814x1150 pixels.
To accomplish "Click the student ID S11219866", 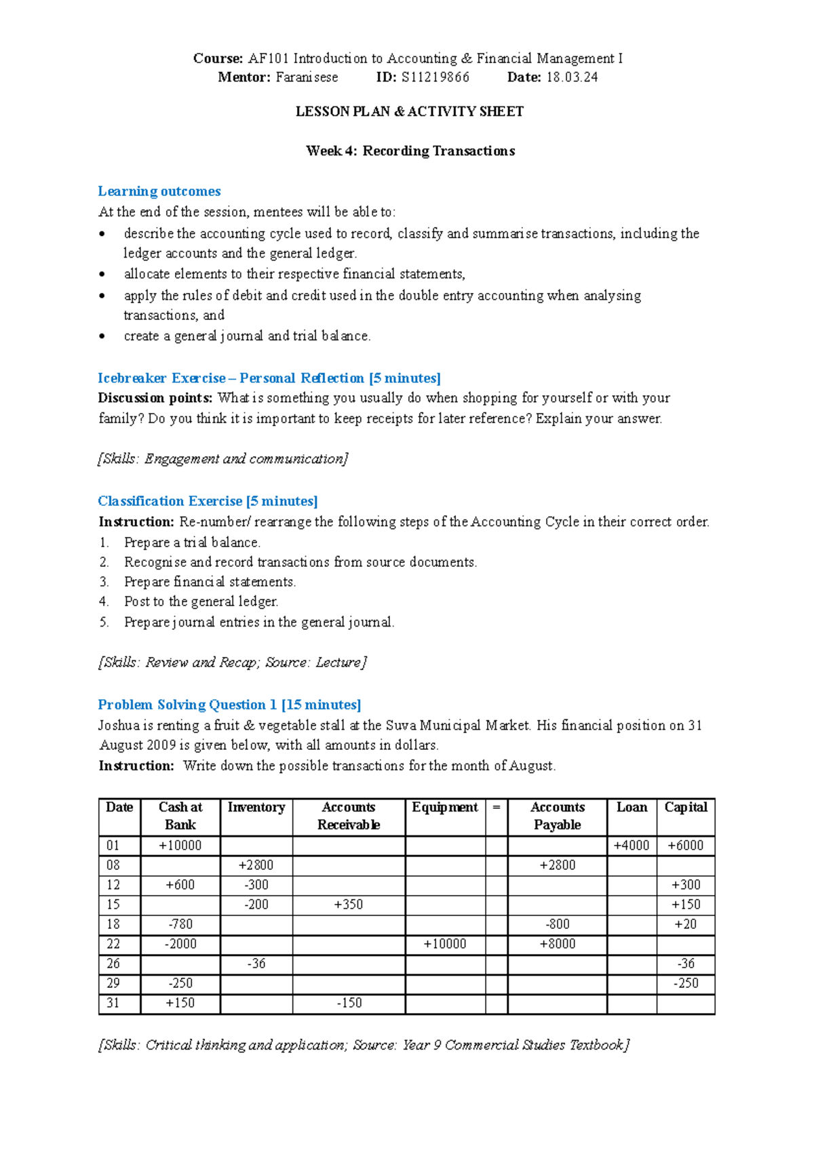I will (435, 77).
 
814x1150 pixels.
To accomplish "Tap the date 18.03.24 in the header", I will (572, 77).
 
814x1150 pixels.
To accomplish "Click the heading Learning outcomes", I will (159, 191).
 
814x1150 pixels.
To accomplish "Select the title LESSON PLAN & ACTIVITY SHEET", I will (410, 111).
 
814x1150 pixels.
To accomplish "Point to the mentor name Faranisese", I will (307, 77).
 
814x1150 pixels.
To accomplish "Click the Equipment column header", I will (445, 808).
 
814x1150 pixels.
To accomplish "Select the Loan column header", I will (632, 808).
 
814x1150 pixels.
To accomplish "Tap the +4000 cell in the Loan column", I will (632, 846).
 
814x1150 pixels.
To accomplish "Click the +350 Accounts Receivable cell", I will (349, 905).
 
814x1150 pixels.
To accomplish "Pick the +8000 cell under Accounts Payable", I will (557, 944).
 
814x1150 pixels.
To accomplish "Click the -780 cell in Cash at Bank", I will (180, 924).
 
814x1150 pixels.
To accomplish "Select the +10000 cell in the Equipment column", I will (445, 944).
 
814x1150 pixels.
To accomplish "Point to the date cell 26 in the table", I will (113, 964).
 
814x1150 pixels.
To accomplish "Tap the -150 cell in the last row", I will (349, 1003).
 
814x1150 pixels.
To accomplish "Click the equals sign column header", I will (497, 808).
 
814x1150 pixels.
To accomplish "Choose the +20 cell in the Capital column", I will (685, 924).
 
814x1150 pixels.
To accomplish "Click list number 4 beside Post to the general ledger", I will (104, 601).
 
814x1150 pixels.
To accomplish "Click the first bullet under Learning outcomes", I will (102, 235).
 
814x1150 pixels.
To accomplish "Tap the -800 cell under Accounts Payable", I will (557, 924).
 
